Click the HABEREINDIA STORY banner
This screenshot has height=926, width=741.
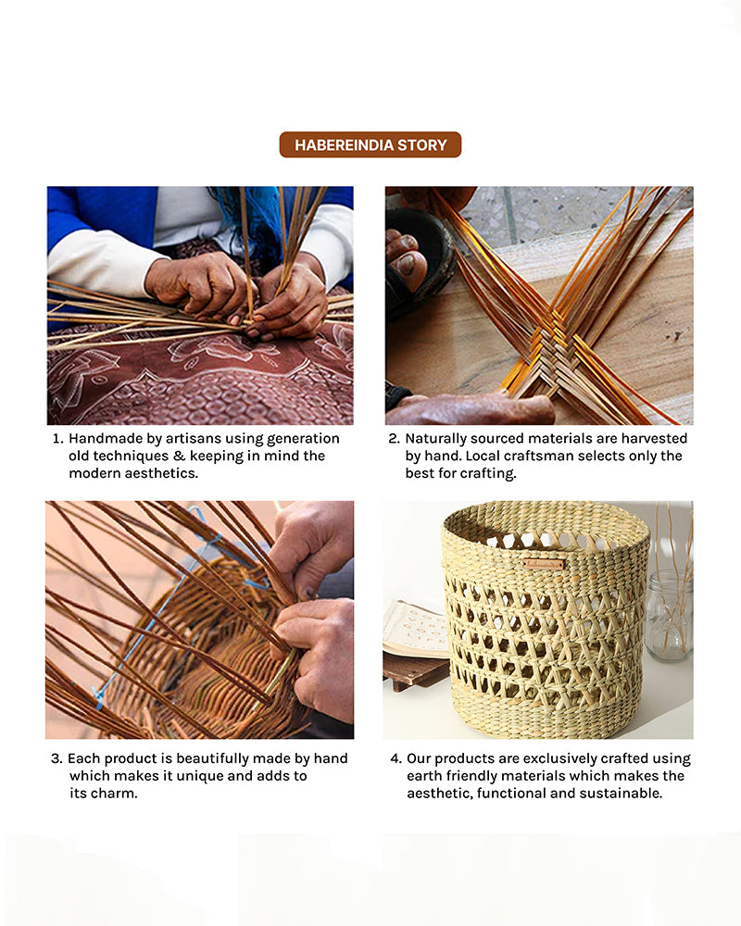coord(370,144)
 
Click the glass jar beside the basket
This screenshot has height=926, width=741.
coord(669,616)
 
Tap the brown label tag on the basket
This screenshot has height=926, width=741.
coord(543,565)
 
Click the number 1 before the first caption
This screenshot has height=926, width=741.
coord(57,439)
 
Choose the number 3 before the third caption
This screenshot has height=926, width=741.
coord(57,758)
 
